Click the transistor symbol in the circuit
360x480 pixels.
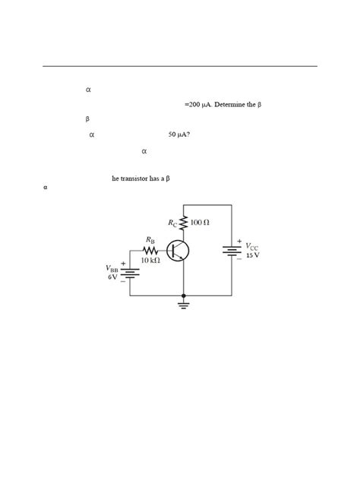tap(178, 251)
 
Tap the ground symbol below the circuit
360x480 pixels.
tap(183, 305)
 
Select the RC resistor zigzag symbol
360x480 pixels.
tap(183, 223)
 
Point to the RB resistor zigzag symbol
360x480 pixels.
tap(150, 251)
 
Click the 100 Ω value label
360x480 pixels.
tap(200, 223)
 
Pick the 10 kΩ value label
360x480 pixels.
tap(150, 261)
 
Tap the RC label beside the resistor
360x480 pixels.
tap(172, 223)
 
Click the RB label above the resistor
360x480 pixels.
tap(150, 240)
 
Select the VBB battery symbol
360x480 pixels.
tap(130, 273)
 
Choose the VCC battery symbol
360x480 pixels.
tap(232, 251)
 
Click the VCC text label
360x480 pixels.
tap(251, 247)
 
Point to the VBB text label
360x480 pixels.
tap(112, 268)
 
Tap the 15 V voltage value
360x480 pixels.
tap(252, 255)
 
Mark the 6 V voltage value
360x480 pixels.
tap(112, 277)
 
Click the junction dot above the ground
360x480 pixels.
tap(183, 295)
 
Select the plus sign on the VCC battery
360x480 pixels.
tap(238, 242)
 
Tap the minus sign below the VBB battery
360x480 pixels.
tap(123, 281)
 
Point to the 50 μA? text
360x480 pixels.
tap(179, 134)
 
